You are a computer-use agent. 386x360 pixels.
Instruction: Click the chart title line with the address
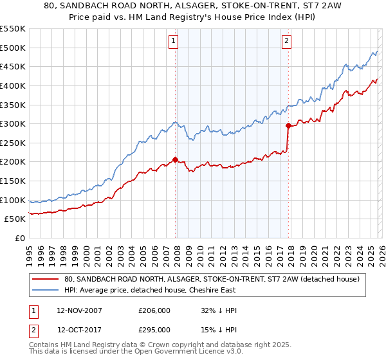(193, 6)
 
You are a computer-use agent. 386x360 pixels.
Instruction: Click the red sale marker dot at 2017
(288, 125)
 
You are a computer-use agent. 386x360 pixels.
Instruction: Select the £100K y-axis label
(13, 200)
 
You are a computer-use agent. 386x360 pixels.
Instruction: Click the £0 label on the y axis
(19, 238)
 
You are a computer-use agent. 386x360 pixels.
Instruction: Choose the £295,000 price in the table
(154, 330)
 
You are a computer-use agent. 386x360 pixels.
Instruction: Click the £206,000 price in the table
(154, 310)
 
